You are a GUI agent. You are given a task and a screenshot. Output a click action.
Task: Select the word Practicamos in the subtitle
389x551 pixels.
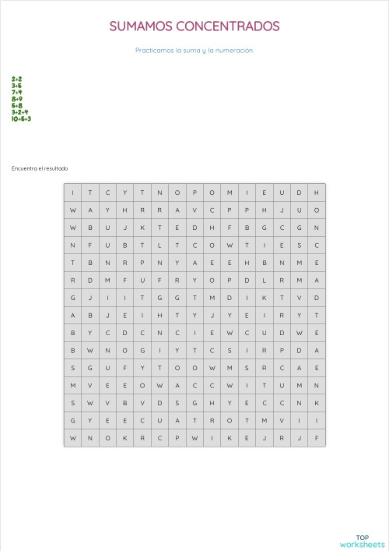pyautogui.click(x=153, y=50)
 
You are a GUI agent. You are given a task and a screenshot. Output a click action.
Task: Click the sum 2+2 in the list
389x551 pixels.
pyautogui.click(x=16, y=79)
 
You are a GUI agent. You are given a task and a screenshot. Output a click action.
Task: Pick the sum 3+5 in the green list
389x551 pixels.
pyautogui.click(x=16, y=86)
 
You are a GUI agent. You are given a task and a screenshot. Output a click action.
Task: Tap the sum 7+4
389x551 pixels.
pyautogui.click(x=16, y=92)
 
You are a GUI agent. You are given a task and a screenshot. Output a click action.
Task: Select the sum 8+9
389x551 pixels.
pyautogui.click(x=16, y=99)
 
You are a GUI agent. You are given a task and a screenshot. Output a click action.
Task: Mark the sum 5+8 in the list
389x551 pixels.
pyautogui.click(x=16, y=105)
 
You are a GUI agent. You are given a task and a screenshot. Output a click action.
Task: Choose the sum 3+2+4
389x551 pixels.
pyautogui.click(x=19, y=112)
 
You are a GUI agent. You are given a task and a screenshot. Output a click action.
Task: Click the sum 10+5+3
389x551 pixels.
pyautogui.click(x=21, y=119)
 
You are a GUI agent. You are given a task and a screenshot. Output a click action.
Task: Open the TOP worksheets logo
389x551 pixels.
pyautogui.click(x=363, y=540)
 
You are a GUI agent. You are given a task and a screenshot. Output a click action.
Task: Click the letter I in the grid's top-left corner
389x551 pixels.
pyautogui.click(x=72, y=193)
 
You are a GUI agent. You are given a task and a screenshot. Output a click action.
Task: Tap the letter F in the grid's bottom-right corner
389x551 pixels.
pyautogui.click(x=317, y=438)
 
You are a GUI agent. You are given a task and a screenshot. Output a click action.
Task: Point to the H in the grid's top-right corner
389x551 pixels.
pyautogui.click(x=317, y=193)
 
